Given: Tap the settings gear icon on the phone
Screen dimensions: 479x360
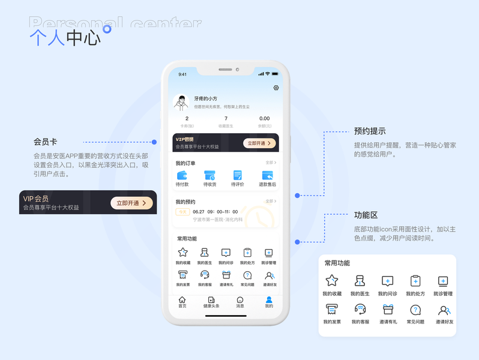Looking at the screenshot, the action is click(276, 88).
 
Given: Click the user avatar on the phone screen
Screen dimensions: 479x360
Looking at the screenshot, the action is click(181, 103).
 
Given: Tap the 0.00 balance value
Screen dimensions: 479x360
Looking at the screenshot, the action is click(264, 119).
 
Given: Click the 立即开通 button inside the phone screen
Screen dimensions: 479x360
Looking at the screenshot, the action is click(259, 143).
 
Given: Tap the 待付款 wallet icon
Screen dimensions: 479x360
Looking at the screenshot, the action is click(182, 175).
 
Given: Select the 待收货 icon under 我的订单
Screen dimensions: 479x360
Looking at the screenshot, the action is click(209, 175).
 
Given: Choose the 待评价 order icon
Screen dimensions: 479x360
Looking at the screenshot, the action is click(238, 175).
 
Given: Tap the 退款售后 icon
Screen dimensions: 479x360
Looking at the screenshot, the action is click(267, 175).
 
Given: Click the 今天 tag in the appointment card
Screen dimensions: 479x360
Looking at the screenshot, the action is click(182, 212).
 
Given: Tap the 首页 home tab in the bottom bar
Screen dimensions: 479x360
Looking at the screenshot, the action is click(182, 300).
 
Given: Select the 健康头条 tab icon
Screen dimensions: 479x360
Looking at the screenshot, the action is click(211, 300).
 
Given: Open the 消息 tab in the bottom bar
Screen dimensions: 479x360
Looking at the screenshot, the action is click(240, 300).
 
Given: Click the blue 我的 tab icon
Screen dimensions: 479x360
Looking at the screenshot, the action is click(269, 300).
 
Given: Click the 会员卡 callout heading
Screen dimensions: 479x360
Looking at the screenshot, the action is click(45, 142).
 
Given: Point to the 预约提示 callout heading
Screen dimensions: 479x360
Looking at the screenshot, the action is click(370, 131).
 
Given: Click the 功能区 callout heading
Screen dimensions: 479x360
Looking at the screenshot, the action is click(366, 215).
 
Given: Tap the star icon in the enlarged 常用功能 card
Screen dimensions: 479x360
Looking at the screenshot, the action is click(331, 281).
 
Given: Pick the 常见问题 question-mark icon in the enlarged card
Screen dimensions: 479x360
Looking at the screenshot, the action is click(415, 310).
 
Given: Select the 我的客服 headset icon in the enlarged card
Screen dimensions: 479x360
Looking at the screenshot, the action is click(360, 310).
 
